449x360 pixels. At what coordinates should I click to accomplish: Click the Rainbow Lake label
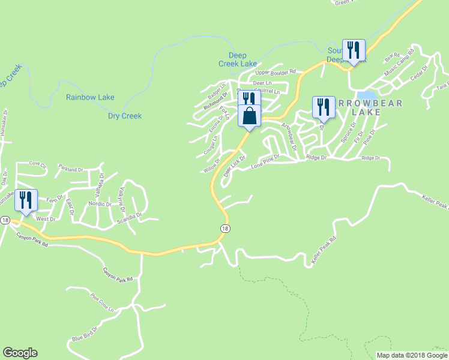click(90, 97)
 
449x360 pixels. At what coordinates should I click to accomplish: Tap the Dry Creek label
click(125, 116)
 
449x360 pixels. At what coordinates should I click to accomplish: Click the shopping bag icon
click(250, 116)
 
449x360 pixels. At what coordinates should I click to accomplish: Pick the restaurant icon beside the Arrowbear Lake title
click(324, 107)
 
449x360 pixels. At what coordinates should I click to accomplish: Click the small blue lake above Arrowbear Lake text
click(367, 95)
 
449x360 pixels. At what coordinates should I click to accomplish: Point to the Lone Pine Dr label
click(266, 163)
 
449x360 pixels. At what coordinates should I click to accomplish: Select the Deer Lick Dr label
click(235, 165)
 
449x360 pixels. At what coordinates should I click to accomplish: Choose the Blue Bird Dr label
click(84, 337)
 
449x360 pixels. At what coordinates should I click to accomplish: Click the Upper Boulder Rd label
click(276, 72)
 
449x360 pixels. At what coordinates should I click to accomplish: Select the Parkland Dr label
click(71, 170)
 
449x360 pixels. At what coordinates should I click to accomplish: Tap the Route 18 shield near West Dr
click(5, 220)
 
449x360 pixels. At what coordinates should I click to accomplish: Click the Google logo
click(20, 353)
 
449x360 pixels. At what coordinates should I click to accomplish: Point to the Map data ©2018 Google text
click(412, 355)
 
